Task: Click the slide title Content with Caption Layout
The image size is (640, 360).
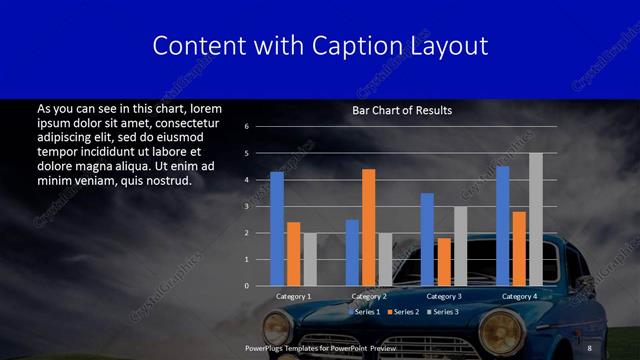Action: pyautogui.click(x=320, y=46)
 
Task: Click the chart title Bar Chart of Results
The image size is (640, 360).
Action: pyautogui.click(x=401, y=110)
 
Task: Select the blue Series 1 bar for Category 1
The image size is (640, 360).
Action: pyautogui.click(x=277, y=229)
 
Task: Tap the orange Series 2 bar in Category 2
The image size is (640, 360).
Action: pyautogui.click(x=369, y=227)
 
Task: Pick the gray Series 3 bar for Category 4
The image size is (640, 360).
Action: pyautogui.click(x=536, y=219)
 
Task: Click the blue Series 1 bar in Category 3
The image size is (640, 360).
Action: pyautogui.click(x=427, y=239)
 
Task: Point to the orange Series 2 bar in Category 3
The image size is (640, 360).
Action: pyautogui.click(x=444, y=262)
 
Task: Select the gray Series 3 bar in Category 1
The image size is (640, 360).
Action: pyautogui.click(x=310, y=259)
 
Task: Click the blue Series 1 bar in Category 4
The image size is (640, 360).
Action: pyautogui.click(x=502, y=226)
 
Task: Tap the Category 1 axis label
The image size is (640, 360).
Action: pyautogui.click(x=293, y=296)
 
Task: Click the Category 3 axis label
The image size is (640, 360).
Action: pyautogui.click(x=444, y=296)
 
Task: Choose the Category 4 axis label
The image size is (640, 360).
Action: pyautogui.click(x=519, y=296)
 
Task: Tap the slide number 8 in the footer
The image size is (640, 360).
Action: pyautogui.click(x=590, y=347)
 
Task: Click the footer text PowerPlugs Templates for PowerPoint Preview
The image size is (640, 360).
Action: pyautogui.click(x=320, y=347)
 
